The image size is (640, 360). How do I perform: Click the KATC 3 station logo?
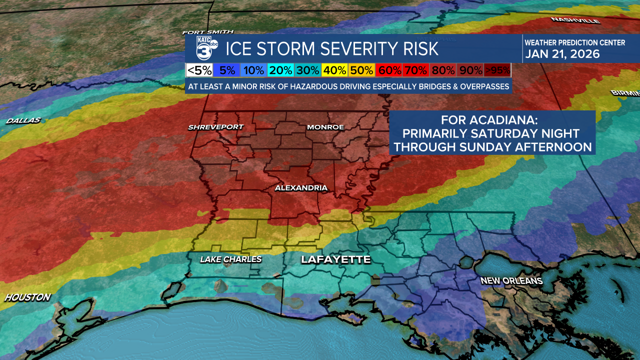(205, 49)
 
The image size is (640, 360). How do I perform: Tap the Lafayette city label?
(335, 259)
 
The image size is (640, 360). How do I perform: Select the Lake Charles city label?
(230, 259)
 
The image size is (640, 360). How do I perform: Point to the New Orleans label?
(511, 281)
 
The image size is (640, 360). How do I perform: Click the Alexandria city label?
(301, 188)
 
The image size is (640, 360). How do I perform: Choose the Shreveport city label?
(215, 127)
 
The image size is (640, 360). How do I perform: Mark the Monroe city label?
(325, 127)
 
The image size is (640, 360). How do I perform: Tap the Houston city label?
(27, 297)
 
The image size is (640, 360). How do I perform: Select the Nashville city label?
(575, 20)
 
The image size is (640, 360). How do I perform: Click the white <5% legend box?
(199, 70)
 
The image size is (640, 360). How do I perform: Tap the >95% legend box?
(497, 70)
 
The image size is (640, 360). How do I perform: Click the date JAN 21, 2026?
(562, 54)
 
